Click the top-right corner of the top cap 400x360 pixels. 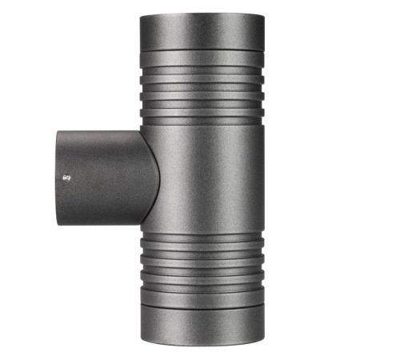pyautogui.click(x=263, y=16)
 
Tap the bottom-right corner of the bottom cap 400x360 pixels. pyautogui.click(x=263, y=342)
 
